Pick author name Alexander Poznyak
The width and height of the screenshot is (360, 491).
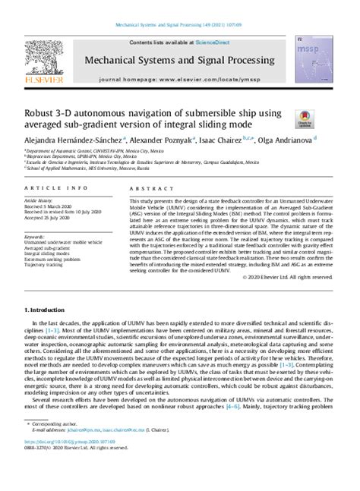point(172,140)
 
